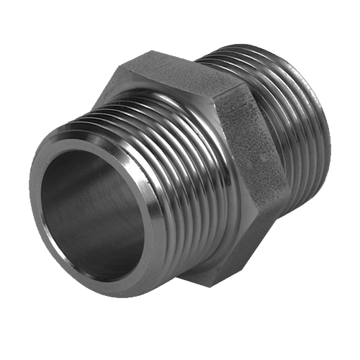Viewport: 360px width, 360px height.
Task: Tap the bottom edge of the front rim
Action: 108,288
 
